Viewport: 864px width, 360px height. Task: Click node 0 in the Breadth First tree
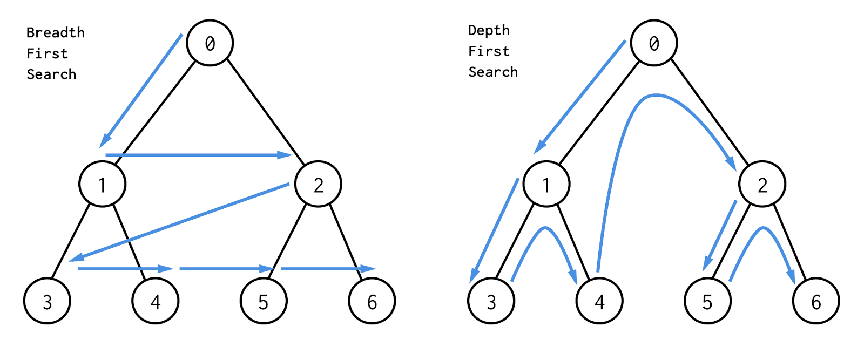pyautogui.click(x=210, y=43)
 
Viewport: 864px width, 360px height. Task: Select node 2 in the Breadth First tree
pyautogui.click(x=318, y=184)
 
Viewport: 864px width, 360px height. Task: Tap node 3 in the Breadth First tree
pyautogui.click(x=48, y=301)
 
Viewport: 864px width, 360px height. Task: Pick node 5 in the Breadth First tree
pyautogui.click(x=264, y=301)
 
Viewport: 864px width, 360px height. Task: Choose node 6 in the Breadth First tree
pyautogui.click(x=372, y=301)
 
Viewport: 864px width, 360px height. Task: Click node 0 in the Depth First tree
pyautogui.click(x=654, y=43)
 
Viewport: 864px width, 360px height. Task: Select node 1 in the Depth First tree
pyautogui.click(x=546, y=184)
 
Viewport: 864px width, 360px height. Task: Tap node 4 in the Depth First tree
pyautogui.click(x=599, y=301)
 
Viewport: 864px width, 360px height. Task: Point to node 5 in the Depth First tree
pyautogui.click(x=707, y=301)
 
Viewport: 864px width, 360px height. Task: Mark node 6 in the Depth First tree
pyautogui.click(x=816, y=301)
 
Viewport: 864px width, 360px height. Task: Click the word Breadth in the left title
pyautogui.click(x=56, y=33)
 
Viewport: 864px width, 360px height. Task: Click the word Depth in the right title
pyautogui.click(x=489, y=31)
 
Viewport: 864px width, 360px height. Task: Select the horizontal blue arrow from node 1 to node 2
pyautogui.click(x=197, y=155)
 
